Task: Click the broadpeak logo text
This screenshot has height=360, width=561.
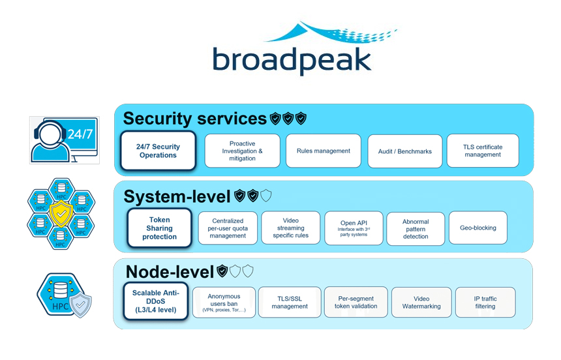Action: [x=292, y=59]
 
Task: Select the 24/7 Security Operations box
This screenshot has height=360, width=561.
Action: [x=158, y=151]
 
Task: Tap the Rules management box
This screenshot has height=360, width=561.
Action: [x=323, y=151]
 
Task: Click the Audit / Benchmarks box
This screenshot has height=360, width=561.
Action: [x=404, y=151]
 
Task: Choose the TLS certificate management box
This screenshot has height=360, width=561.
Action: [x=483, y=151]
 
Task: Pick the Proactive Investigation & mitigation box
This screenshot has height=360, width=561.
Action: [x=242, y=151]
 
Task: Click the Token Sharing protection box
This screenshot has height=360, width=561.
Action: [x=159, y=228]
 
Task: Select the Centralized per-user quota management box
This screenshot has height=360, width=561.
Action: [x=228, y=228]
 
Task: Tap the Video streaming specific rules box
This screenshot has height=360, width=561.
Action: [x=290, y=228]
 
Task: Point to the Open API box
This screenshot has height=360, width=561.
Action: [x=354, y=228]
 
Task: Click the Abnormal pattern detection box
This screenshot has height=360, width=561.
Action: [x=416, y=228]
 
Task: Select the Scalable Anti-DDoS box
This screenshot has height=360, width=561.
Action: [x=155, y=301]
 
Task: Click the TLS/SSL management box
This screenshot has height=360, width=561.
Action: [x=290, y=303]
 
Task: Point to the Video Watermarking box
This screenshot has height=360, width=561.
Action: [x=421, y=303]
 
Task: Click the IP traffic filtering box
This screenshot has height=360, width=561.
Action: [x=485, y=303]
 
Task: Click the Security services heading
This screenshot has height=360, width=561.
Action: [x=194, y=119]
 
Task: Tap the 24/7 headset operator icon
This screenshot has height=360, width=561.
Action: [x=64, y=140]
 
